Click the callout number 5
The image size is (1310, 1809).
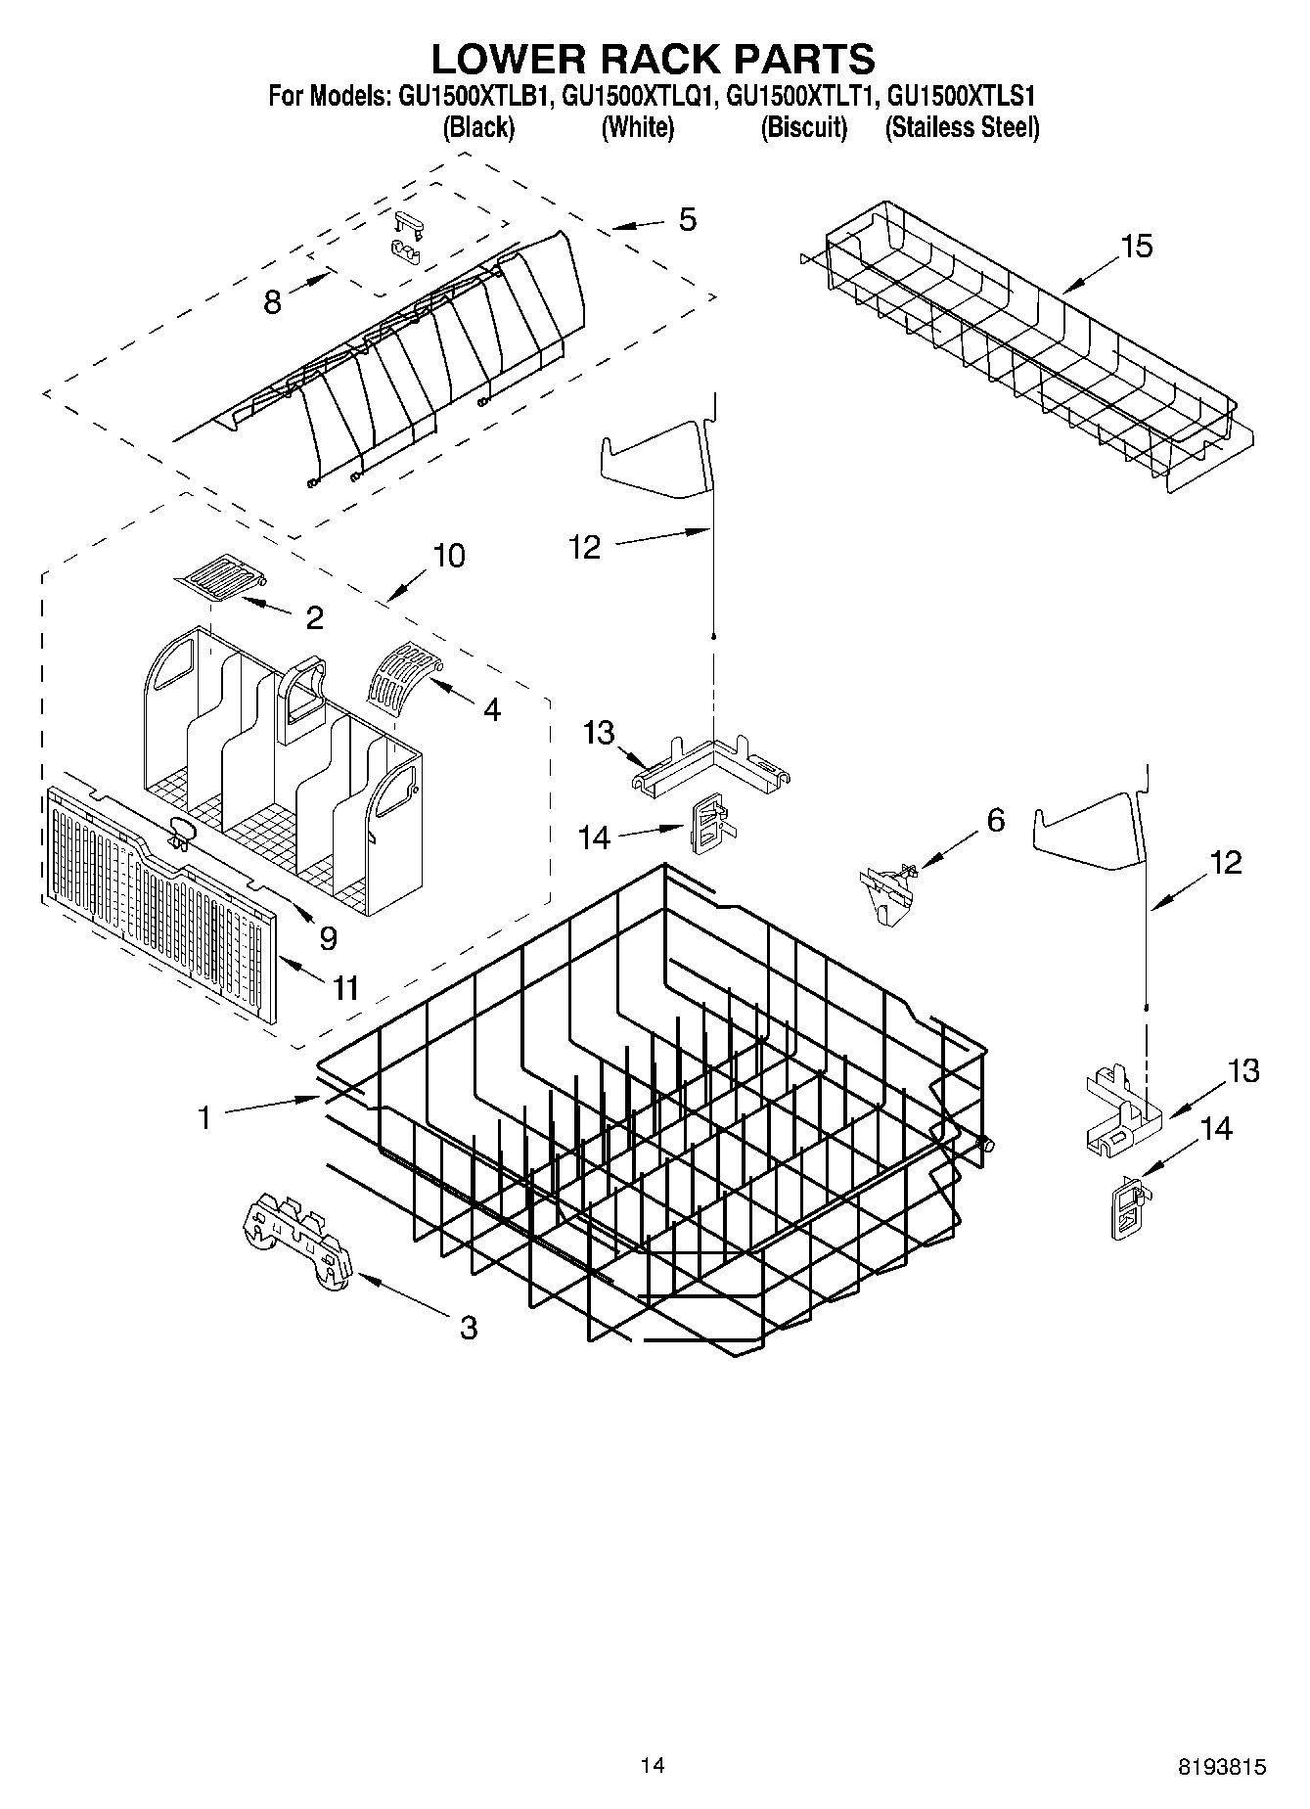point(688,220)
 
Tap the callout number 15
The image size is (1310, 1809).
point(1137,246)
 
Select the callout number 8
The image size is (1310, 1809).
point(272,302)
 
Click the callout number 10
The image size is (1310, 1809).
point(448,556)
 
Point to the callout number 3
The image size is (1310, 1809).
point(469,1328)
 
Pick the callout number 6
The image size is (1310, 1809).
point(995,819)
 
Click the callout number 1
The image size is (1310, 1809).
point(204,1116)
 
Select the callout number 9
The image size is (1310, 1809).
point(328,938)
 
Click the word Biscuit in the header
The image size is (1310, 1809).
point(804,127)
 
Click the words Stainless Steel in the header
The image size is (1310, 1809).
point(962,127)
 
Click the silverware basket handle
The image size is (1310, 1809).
point(306,692)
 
